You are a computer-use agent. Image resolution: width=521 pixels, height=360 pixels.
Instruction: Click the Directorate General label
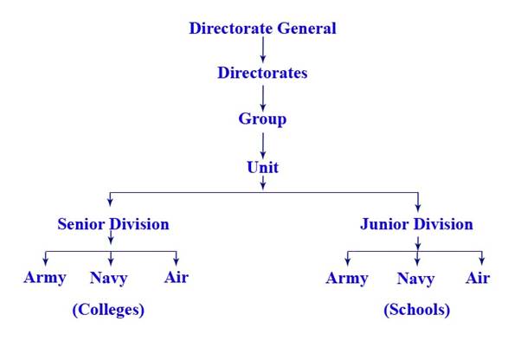262,29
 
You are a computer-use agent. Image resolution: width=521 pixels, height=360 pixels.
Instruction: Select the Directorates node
262,73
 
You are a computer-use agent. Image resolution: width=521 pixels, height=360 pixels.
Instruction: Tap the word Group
262,119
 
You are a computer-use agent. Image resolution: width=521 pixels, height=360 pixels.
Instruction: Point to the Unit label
263,167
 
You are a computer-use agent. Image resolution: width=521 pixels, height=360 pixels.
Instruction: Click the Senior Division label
113,224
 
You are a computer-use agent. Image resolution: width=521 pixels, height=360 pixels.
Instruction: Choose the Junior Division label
416,224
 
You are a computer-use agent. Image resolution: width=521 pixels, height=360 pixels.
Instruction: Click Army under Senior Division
45,278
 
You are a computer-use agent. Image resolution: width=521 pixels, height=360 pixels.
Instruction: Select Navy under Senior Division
109,278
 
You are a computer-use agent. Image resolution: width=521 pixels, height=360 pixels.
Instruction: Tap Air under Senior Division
177,277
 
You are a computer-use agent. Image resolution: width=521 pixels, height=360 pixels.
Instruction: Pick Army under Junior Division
347,279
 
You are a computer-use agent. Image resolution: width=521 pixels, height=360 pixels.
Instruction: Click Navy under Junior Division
415,279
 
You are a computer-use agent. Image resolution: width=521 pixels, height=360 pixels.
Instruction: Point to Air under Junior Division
478,278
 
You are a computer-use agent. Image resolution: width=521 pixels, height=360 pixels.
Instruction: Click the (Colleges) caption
108,310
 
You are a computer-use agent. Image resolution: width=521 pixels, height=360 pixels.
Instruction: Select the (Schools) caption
416,310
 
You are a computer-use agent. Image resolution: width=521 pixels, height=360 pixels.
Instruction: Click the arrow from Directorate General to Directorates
263,49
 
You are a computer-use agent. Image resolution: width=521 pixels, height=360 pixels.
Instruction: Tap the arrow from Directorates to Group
263,98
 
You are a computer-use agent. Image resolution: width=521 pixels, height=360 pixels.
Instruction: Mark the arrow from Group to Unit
263,145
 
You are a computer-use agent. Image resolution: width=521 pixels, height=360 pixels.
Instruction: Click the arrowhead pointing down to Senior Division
110,202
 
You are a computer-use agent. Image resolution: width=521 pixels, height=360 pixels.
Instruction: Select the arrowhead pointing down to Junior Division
418,207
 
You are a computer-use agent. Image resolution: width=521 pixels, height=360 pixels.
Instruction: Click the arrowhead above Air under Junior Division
482,260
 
